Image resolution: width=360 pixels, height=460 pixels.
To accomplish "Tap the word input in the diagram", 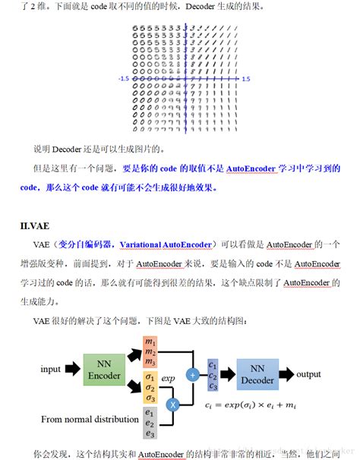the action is [52, 370].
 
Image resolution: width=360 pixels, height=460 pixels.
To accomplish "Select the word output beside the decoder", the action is [309, 374].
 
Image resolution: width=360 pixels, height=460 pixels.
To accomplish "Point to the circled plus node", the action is [193, 374].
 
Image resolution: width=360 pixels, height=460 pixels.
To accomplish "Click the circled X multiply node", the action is [172, 405].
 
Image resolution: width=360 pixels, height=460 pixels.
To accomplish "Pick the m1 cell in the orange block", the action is [150, 342].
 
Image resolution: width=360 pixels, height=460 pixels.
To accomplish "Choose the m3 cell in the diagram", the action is [150, 362].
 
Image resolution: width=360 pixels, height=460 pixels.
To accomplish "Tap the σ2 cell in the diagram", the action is [150, 388].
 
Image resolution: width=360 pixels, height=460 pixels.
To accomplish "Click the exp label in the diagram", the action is [169, 377].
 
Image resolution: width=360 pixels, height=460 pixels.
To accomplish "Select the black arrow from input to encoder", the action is [73, 370].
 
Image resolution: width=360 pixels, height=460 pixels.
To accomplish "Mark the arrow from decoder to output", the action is [286, 373].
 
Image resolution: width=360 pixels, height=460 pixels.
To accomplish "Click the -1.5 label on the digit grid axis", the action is [123, 78].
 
